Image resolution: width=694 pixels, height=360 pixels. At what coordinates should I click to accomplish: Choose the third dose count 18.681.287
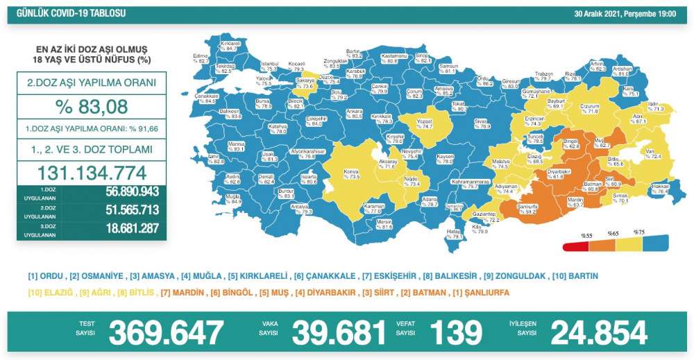coord(122,228)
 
